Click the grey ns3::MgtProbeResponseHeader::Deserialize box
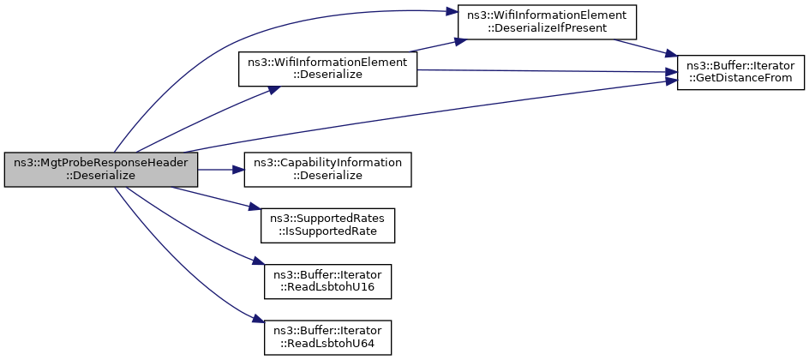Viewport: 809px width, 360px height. pos(100,170)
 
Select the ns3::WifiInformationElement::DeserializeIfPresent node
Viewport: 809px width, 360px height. pos(547,21)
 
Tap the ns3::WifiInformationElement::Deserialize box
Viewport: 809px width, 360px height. pos(327,69)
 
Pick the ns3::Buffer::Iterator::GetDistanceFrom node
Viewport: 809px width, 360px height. pos(740,72)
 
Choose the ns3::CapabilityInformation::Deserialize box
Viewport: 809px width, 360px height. pos(327,170)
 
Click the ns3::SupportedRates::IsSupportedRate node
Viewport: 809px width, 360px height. pos(328,225)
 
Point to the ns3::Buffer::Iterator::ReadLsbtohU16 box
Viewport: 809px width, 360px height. pos(327,282)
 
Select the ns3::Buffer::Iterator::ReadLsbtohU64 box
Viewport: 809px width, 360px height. pos(327,338)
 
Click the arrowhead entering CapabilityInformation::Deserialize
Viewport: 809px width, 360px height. pos(239,170)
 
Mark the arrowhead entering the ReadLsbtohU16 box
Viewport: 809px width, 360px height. pos(259,262)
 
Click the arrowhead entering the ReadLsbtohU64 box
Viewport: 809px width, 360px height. pos(259,318)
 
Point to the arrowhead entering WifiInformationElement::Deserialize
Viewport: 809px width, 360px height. pos(274,88)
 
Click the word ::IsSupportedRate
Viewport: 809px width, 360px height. pos(328,231)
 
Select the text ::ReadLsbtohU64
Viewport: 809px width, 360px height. pos(327,343)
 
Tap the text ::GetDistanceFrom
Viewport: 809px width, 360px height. pos(740,78)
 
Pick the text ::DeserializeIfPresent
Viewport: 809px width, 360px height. pos(547,27)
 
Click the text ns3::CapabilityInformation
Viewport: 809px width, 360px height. pos(327,164)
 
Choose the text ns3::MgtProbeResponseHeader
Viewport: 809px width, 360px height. pos(100,164)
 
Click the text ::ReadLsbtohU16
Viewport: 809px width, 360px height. pos(327,287)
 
